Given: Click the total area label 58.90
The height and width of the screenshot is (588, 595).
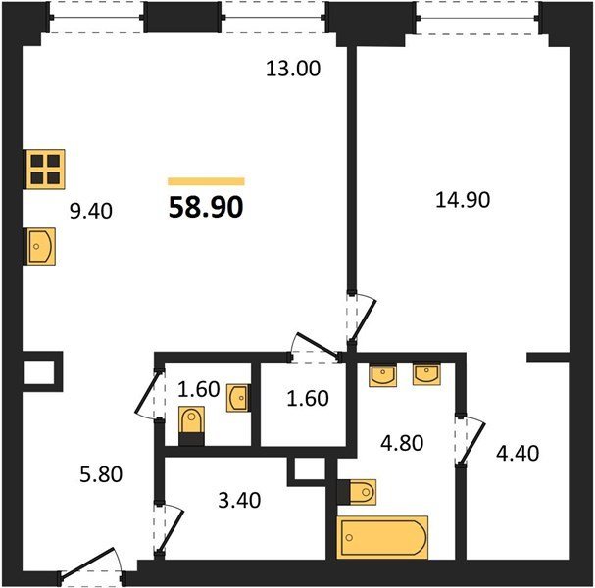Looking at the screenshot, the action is (206, 208).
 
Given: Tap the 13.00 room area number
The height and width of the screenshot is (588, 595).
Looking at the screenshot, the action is (293, 69).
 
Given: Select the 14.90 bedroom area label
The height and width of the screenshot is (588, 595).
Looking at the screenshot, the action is (463, 200).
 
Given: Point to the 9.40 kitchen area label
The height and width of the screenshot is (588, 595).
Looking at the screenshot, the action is (91, 211).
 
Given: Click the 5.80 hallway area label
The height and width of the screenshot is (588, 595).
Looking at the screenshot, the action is (101, 474).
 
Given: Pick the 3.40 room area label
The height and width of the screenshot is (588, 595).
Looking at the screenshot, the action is (239, 501).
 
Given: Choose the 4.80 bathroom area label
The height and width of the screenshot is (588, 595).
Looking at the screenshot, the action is (402, 443).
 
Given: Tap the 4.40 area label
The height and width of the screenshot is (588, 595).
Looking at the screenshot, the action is (518, 453).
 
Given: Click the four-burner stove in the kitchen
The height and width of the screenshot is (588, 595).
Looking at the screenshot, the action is (45, 170).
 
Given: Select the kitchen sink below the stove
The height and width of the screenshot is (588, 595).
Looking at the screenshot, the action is (40, 246).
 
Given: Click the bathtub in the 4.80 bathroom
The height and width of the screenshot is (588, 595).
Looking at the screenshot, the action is (382, 537).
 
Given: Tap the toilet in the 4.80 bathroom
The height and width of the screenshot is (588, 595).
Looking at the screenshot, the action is (357, 492).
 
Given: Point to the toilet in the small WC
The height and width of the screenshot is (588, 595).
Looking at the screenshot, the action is (191, 425).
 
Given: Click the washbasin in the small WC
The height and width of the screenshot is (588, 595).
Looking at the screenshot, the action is (238, 398).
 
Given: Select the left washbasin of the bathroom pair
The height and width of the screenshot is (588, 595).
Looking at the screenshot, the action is (383, 374).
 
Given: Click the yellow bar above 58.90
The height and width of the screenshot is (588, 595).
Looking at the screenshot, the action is (206, 181).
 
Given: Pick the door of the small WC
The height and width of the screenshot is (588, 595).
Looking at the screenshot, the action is (149, 394).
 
